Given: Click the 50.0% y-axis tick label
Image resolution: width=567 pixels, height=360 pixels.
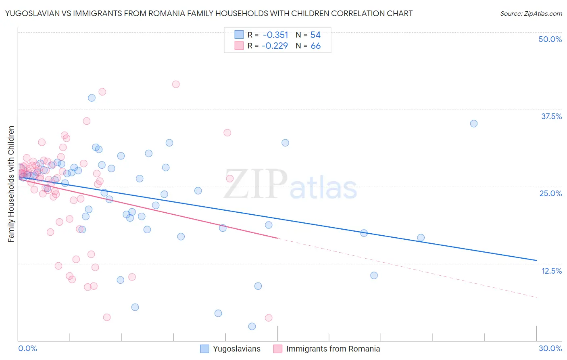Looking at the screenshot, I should tap(550, 39).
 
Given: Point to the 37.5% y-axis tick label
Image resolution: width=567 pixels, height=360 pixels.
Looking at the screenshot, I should tap(551, 116).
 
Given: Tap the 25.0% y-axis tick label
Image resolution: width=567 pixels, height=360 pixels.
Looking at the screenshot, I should tap(550, 193).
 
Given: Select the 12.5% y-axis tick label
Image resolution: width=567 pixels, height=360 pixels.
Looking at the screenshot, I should tap(551, 271).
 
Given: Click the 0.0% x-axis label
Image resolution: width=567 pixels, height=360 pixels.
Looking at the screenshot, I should tap(27, 348).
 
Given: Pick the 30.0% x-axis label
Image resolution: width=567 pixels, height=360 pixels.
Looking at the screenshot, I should tap(550, 348).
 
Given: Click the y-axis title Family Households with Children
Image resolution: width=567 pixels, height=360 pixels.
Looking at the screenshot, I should tap(11, 184).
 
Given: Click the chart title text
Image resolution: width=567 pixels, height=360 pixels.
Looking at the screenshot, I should tap(209, 13).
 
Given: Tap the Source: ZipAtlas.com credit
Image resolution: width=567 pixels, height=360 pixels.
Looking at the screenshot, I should tap(531, 13).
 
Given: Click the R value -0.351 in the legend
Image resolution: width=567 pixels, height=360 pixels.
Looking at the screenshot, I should tap(275, 35).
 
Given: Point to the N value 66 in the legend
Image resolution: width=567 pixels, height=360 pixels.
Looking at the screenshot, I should tap(315, 46).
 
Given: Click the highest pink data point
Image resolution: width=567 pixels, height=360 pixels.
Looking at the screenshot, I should tap(176, 84).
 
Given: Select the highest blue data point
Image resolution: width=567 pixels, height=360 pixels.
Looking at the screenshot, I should tap(92, 98).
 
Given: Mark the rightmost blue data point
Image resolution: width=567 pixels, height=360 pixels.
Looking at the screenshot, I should tap(474, 123).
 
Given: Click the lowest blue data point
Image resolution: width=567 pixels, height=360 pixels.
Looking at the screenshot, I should tap(252, 326).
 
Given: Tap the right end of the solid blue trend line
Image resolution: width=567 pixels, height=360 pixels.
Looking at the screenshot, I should tap(536, 260).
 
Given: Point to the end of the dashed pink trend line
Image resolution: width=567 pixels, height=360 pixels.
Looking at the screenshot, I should tap(536, 297).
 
